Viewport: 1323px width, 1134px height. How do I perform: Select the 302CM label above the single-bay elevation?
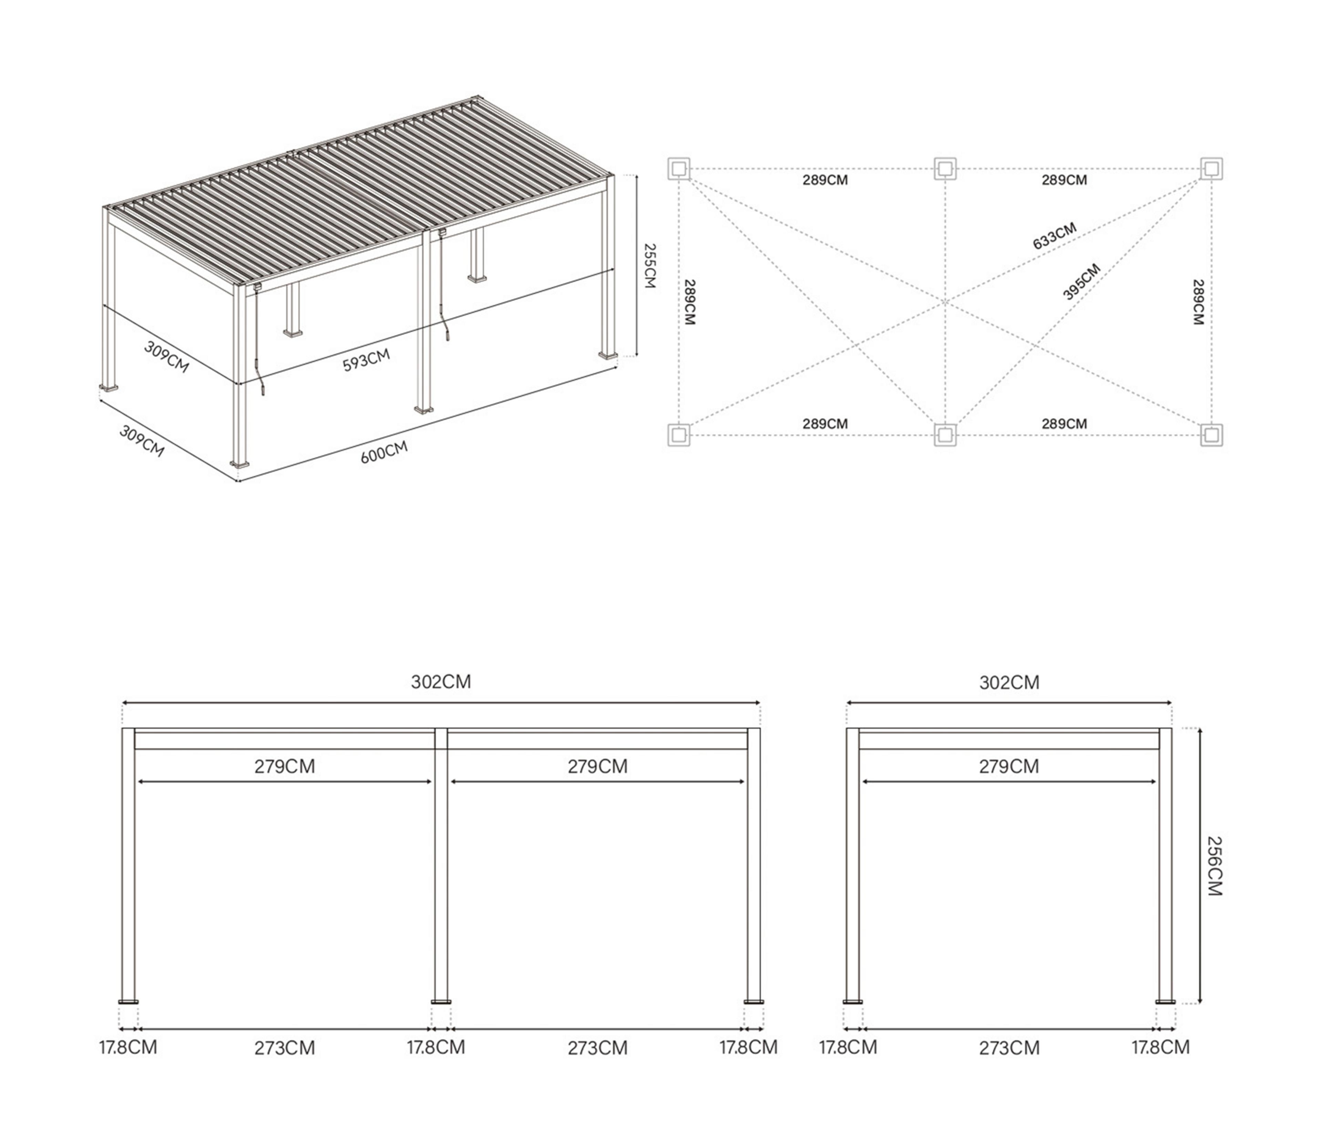point(1009,683)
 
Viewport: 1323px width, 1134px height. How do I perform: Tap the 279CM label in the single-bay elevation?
point(1009,766)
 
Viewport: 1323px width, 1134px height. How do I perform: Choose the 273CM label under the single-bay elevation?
point(1009,1048)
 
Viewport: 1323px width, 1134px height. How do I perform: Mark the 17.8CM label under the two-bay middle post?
point(436,1047)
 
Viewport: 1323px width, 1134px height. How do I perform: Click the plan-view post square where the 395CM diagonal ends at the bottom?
point(945,436)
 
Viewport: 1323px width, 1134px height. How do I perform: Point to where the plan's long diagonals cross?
point(945,302)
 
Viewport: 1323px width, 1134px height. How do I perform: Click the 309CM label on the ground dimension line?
point(142,441)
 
